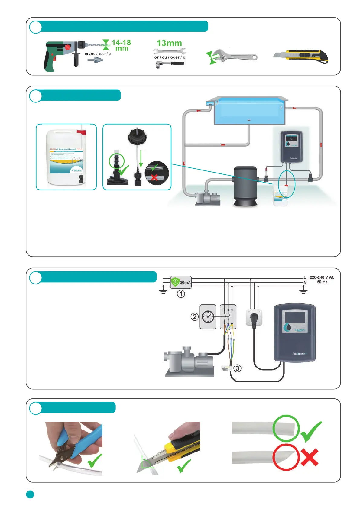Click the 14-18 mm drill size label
click(x=121, y=45)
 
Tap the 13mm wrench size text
click(x=169, y=43)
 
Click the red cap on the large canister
click(x=81, y=132)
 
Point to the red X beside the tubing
click(x=154, y=177)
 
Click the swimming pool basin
click(x=249, y=111)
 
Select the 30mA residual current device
click(x=181, y=282)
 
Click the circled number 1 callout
click(x=181, y=294)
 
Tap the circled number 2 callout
click(x=195, y=317)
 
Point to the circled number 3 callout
click(x=238, y=368)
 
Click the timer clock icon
click(x=208, y=317)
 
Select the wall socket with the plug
click(x=254, y=317)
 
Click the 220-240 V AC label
click(x=322, y=277)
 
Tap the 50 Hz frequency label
click(x=322, y=282)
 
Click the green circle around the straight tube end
click(x=286, y=428)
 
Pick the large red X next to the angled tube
click(x=310, y=457)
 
